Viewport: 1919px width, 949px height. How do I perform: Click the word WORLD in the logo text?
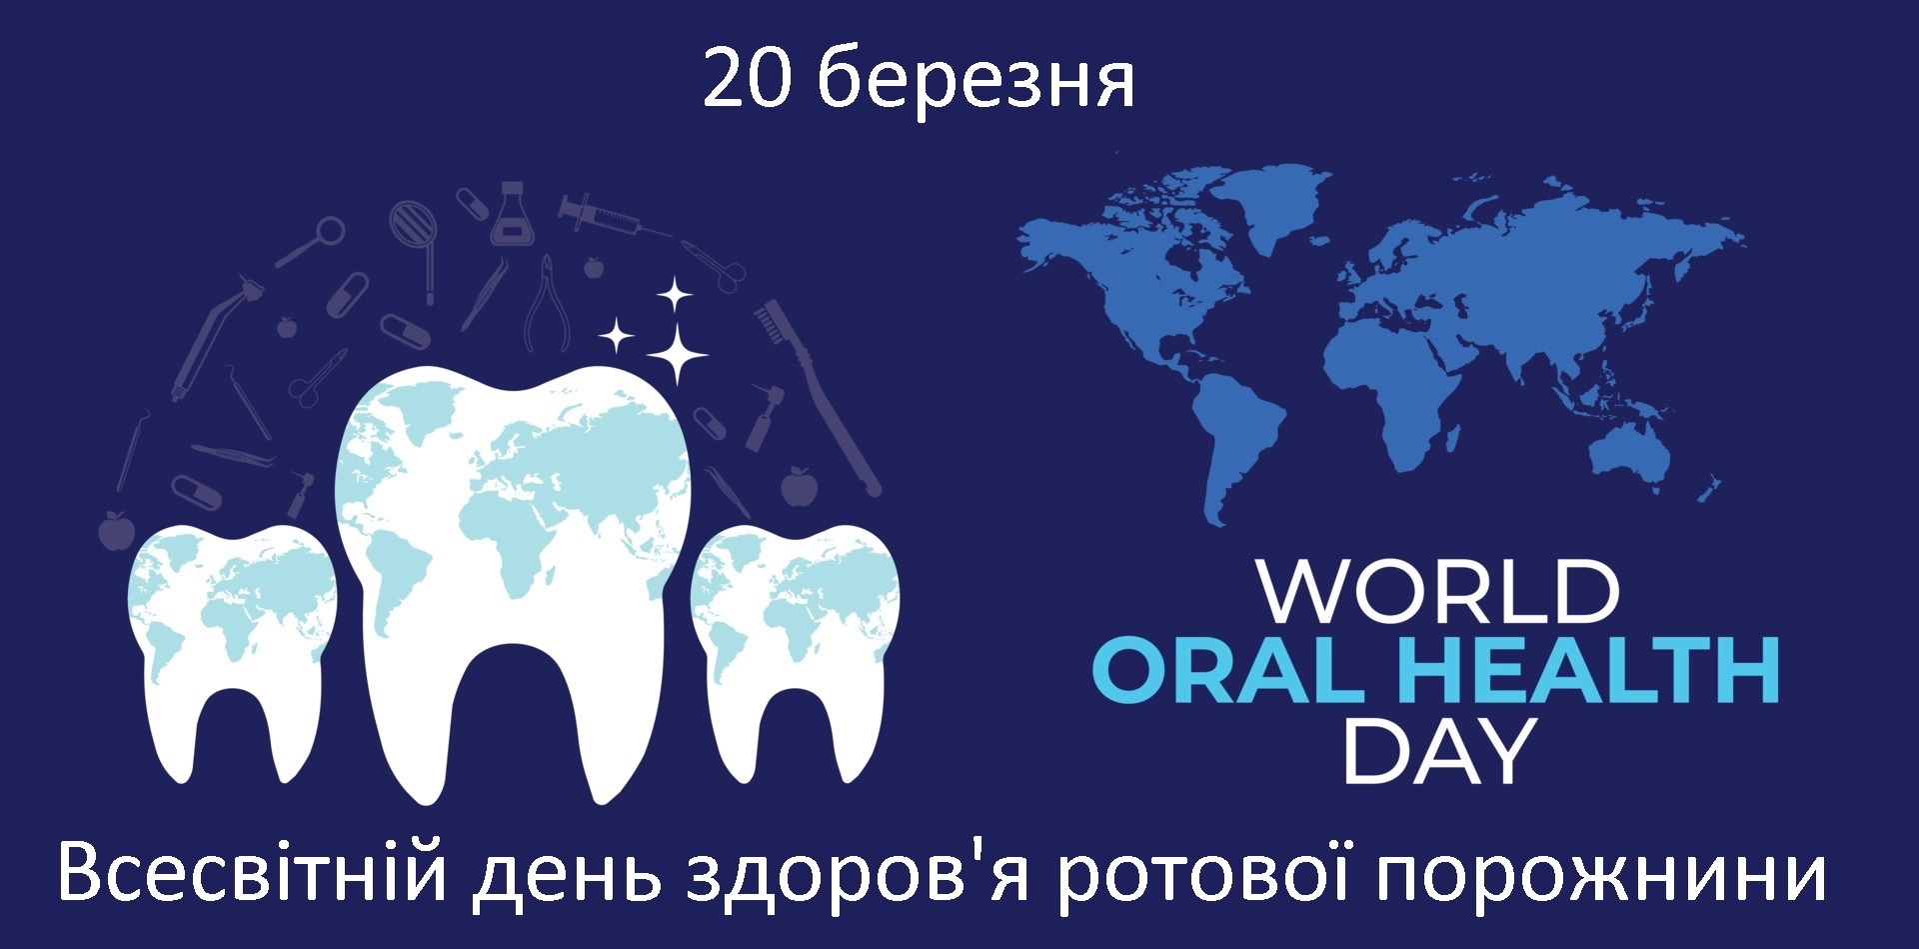coord(1438,593)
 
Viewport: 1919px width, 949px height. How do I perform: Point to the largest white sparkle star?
coord(677,353)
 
